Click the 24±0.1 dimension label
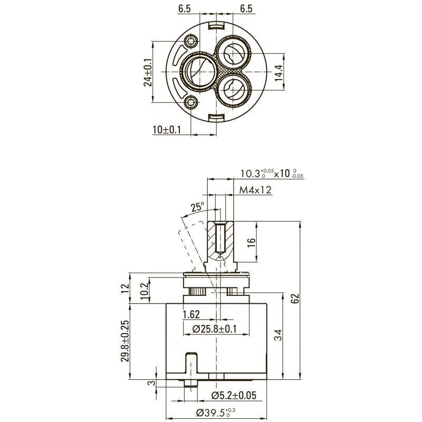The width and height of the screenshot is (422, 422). (x=148, y=72)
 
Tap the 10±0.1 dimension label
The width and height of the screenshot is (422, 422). (x=167, y=130)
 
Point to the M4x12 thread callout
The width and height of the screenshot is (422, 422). (x=255, y=190)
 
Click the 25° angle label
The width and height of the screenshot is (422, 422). (x=197, y=207)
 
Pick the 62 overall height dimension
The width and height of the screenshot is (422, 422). (x=295, y=298)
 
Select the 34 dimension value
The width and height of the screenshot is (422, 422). (x=279, y=335)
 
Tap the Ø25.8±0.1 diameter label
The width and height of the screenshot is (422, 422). (x=215, y=329)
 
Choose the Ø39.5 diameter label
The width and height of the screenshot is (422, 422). (x=216, y=413)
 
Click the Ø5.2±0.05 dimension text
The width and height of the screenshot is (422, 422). (x=233, y=395)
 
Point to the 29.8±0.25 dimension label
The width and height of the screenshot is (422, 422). (x=124, y=341)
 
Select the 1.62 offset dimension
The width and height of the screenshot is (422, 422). (x=191, y=314)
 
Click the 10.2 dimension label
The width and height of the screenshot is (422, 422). (x=145, y=291)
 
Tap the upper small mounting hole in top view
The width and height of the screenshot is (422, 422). (x=191, y=41)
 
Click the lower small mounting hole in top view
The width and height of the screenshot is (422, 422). (x=191, y=102)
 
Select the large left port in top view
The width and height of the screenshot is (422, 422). (x=200, y=72)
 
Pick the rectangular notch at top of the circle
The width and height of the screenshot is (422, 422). (x=217, y=25)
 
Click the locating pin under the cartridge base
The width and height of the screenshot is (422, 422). (x=191, y=383)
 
